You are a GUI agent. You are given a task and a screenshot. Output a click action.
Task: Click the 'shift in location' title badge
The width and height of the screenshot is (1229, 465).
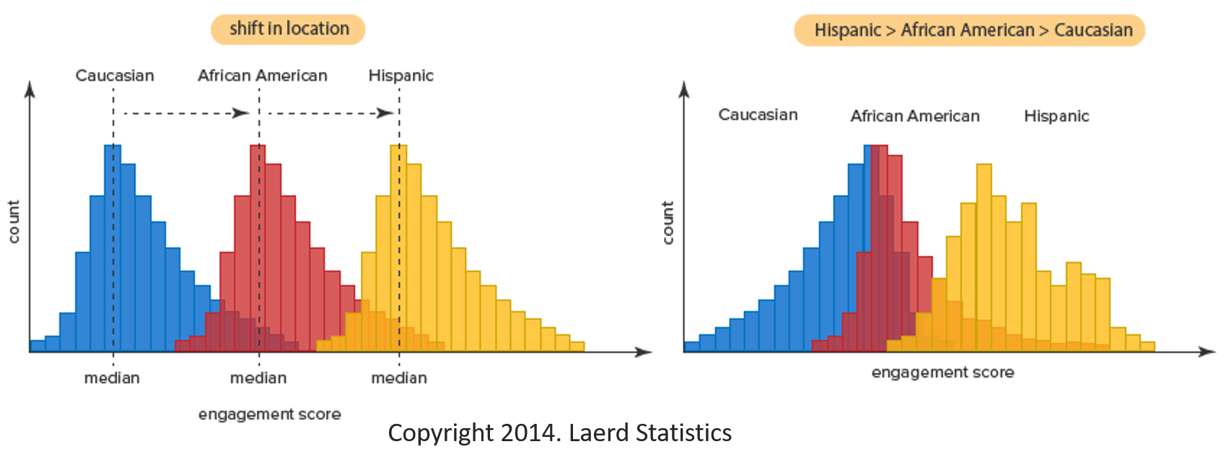pos(288,30)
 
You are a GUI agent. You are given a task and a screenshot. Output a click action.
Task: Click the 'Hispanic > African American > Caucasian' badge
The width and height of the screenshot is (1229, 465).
pos(969,30)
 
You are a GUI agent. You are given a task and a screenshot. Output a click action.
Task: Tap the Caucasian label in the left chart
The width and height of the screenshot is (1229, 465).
pos(115,76)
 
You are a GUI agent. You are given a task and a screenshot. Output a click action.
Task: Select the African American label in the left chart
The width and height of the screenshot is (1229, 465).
pos(263,76)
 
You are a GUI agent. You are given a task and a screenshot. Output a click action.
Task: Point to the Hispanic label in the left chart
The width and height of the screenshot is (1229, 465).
pos(401,76)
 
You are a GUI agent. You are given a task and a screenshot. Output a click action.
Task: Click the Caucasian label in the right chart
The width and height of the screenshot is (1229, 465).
pos(758,115)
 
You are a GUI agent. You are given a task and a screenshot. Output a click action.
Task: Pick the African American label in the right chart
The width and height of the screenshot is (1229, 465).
pos(915,116)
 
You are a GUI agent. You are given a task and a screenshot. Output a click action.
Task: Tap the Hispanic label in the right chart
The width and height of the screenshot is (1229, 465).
pos(1056,116)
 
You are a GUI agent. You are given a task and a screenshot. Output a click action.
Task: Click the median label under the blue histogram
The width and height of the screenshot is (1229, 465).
pos(112,378)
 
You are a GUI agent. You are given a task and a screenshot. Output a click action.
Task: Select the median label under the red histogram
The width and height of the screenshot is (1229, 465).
pos(258,378)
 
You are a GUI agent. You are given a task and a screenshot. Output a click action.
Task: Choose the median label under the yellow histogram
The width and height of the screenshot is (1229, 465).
pos(399,378)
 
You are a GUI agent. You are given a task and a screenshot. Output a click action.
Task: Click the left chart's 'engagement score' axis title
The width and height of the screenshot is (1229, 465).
pos(269,414)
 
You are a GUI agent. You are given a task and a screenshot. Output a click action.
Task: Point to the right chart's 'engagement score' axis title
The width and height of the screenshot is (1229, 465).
pos(942,372)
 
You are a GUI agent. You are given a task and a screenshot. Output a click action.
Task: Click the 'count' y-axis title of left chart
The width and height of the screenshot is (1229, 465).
pos(14,222)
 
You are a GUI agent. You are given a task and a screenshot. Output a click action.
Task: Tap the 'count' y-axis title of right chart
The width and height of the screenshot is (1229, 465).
pos(668,222)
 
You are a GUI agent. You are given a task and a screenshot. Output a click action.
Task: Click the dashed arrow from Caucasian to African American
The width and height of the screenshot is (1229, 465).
pos(185,113)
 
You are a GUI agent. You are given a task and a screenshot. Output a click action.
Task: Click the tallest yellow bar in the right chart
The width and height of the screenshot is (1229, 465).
pos(984,253)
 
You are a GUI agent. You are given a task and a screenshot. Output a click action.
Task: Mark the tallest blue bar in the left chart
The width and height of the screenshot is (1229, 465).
pos(113,245)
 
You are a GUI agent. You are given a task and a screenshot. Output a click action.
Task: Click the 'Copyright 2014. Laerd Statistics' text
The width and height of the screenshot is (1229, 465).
pos(559,433)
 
